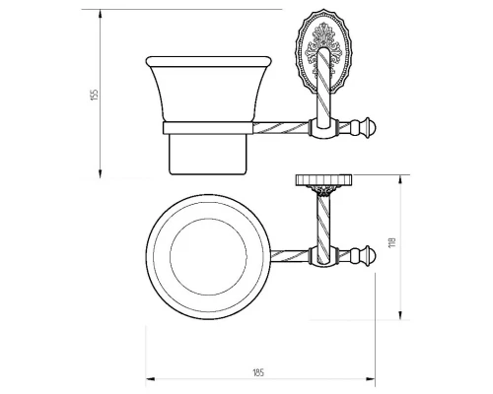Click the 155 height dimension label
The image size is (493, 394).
pyautogui.click(x=95, y=95)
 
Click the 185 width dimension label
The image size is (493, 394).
pyautogui.click(x=258, y=372)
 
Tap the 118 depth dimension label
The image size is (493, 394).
pyautogui.click(x=392, y=242)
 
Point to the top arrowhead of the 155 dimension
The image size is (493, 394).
pyautogui.click(x=101, y=14)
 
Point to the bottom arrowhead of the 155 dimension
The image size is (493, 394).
pyautogui.click(x=101, y=173)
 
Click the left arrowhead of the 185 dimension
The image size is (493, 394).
pyautogui.click(x=151, y=379)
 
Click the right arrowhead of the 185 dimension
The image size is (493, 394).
pyautogui.click(x=371, y=379)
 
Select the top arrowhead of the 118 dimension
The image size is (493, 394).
pyautogui.click(x=400, y=180)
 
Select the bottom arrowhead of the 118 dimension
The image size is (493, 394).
pyautogui.click(x=400, y=315)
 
